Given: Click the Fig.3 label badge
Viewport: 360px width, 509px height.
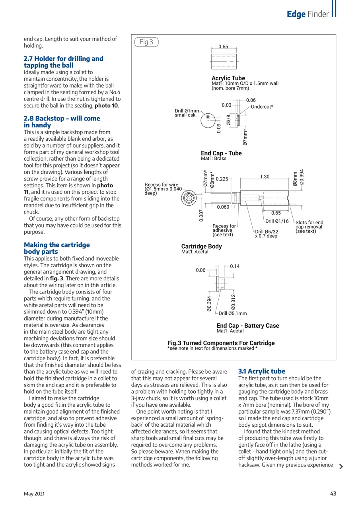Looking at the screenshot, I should click(x=146, y=42).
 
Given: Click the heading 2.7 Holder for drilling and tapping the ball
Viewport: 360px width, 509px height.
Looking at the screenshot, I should click(x=63, y=62).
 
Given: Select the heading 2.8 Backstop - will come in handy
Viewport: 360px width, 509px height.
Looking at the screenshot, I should click(x=62, y=122).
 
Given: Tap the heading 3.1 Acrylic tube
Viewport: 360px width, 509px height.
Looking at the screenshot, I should click(x=261, y=371).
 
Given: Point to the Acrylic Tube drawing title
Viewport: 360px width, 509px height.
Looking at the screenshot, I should click(x=228, y=78).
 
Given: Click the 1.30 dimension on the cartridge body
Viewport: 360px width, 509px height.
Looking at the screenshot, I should click(x=265, y=177).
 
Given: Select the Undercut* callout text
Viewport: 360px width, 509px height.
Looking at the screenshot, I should click(x=262, y=107).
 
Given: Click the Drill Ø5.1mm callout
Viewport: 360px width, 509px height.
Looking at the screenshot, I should click(x=233, y=313).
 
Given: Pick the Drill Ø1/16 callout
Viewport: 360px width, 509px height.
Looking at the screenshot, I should click(x=277, y=221).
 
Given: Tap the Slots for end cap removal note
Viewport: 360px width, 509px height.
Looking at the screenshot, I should click(x=309, y=227).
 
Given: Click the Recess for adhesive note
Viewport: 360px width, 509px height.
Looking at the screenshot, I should click(x=224, y=230).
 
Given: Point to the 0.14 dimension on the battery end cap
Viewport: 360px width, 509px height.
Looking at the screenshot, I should click(x=235, y=266).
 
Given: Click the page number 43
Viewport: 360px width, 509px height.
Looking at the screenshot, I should click(x=333, y=493).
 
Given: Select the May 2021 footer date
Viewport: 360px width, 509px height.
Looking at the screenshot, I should click(x=34, y=493).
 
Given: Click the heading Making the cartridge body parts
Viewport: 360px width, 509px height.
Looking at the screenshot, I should click(x=57, y=248).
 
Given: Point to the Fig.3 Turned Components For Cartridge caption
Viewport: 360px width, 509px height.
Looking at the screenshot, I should click(x=221, y=343).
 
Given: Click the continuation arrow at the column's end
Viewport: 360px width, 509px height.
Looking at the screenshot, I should click(x=341, y=467).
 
